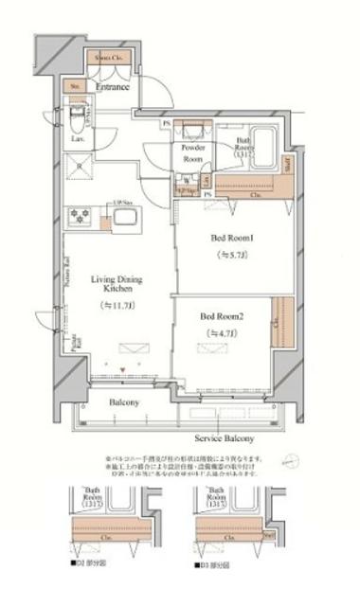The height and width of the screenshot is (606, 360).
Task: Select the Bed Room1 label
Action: pos(226,240)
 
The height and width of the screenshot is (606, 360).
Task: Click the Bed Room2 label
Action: pos(222,315)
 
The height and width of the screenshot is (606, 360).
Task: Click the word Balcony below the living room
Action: pos(123,401)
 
